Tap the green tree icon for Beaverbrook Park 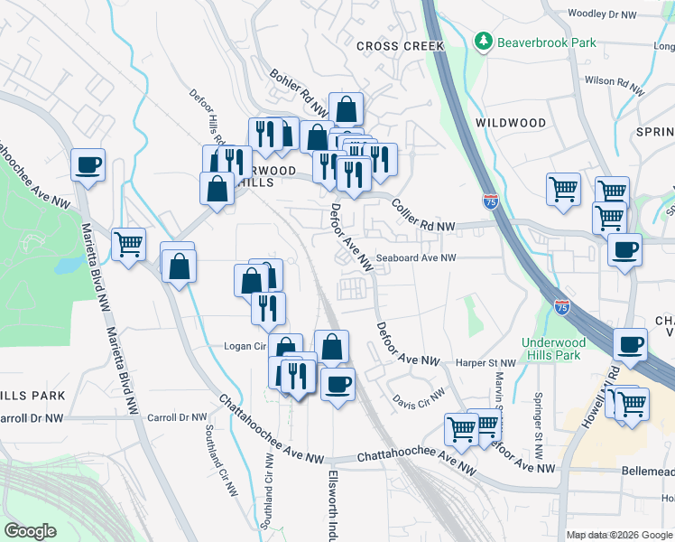coord(485,42)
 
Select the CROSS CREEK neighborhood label coord(400,46)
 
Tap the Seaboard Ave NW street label coord(416,257)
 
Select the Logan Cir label coord(243,346)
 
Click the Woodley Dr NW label coord(604,14)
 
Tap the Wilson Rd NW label coord(615,86)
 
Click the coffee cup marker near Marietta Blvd coord(88,165)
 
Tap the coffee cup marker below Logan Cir coord(338,384)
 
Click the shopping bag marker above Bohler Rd coord(346,109)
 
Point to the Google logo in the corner coord(30,531)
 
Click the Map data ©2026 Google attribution coord(619,535)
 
